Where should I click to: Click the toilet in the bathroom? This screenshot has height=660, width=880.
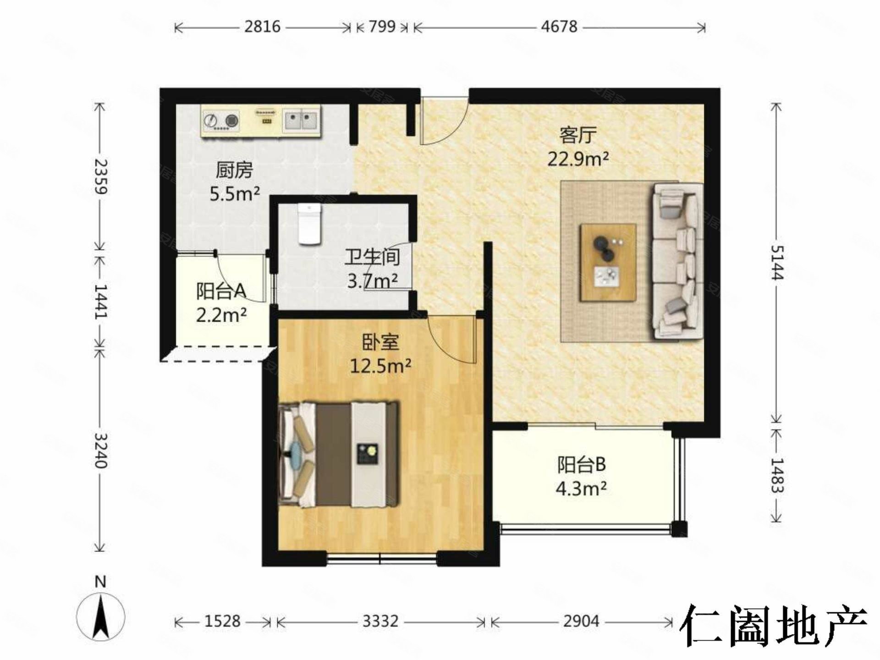pos(310,225)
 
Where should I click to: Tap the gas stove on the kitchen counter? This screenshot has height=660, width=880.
pos(221,121)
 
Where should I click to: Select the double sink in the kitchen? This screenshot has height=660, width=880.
pos(301,121)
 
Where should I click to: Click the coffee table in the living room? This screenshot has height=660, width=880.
pos(608,262)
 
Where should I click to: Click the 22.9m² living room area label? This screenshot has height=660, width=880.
pos(578,159)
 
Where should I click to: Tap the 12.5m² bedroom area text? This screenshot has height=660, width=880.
pos(380,366)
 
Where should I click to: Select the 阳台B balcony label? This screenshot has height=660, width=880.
pos(581,465)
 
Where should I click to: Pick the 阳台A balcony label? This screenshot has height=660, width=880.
pos(221,291)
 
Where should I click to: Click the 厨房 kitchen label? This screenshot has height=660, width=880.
pos(234,170)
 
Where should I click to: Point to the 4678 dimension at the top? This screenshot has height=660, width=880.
pos(559,27)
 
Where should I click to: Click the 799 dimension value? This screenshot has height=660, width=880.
pos(382,27)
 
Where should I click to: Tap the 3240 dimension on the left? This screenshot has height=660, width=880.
pos(100,450)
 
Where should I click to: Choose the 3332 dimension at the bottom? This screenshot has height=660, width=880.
pos(380,621)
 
